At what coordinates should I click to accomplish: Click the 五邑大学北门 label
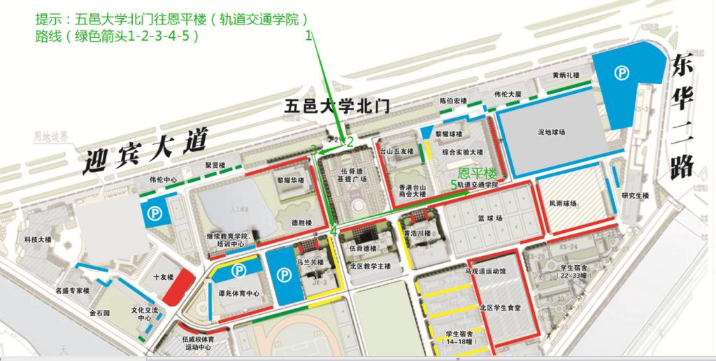pyautogui.click(x=338, y=106)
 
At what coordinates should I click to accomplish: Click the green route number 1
pyautogui.click(x=308, y=38)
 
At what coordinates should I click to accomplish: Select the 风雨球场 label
pyautogui.click(x=563, y=204)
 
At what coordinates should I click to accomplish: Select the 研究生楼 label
pyautogui.click(x=635, y=195)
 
